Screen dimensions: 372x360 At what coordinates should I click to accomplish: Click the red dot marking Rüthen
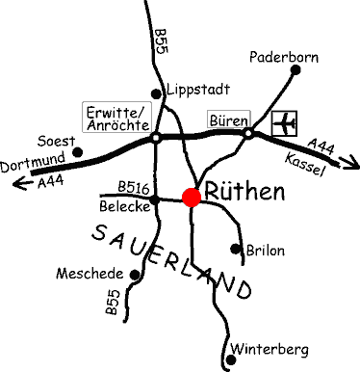click(x=192, y=197)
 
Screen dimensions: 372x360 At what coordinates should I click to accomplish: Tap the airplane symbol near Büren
click(x=285, y=123)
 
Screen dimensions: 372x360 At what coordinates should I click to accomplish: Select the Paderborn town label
click(x=283, y=57)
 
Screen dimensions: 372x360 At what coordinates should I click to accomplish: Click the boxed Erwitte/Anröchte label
click(x=116, y=115)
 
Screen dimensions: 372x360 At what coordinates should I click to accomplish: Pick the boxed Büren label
click(x=228, y=120)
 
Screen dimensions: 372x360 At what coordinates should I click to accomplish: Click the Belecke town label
click(x=122, y=205)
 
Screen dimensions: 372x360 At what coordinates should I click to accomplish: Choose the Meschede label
click(x=90, y=272)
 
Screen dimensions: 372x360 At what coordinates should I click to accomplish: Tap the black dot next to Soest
click(x=78, y=151)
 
